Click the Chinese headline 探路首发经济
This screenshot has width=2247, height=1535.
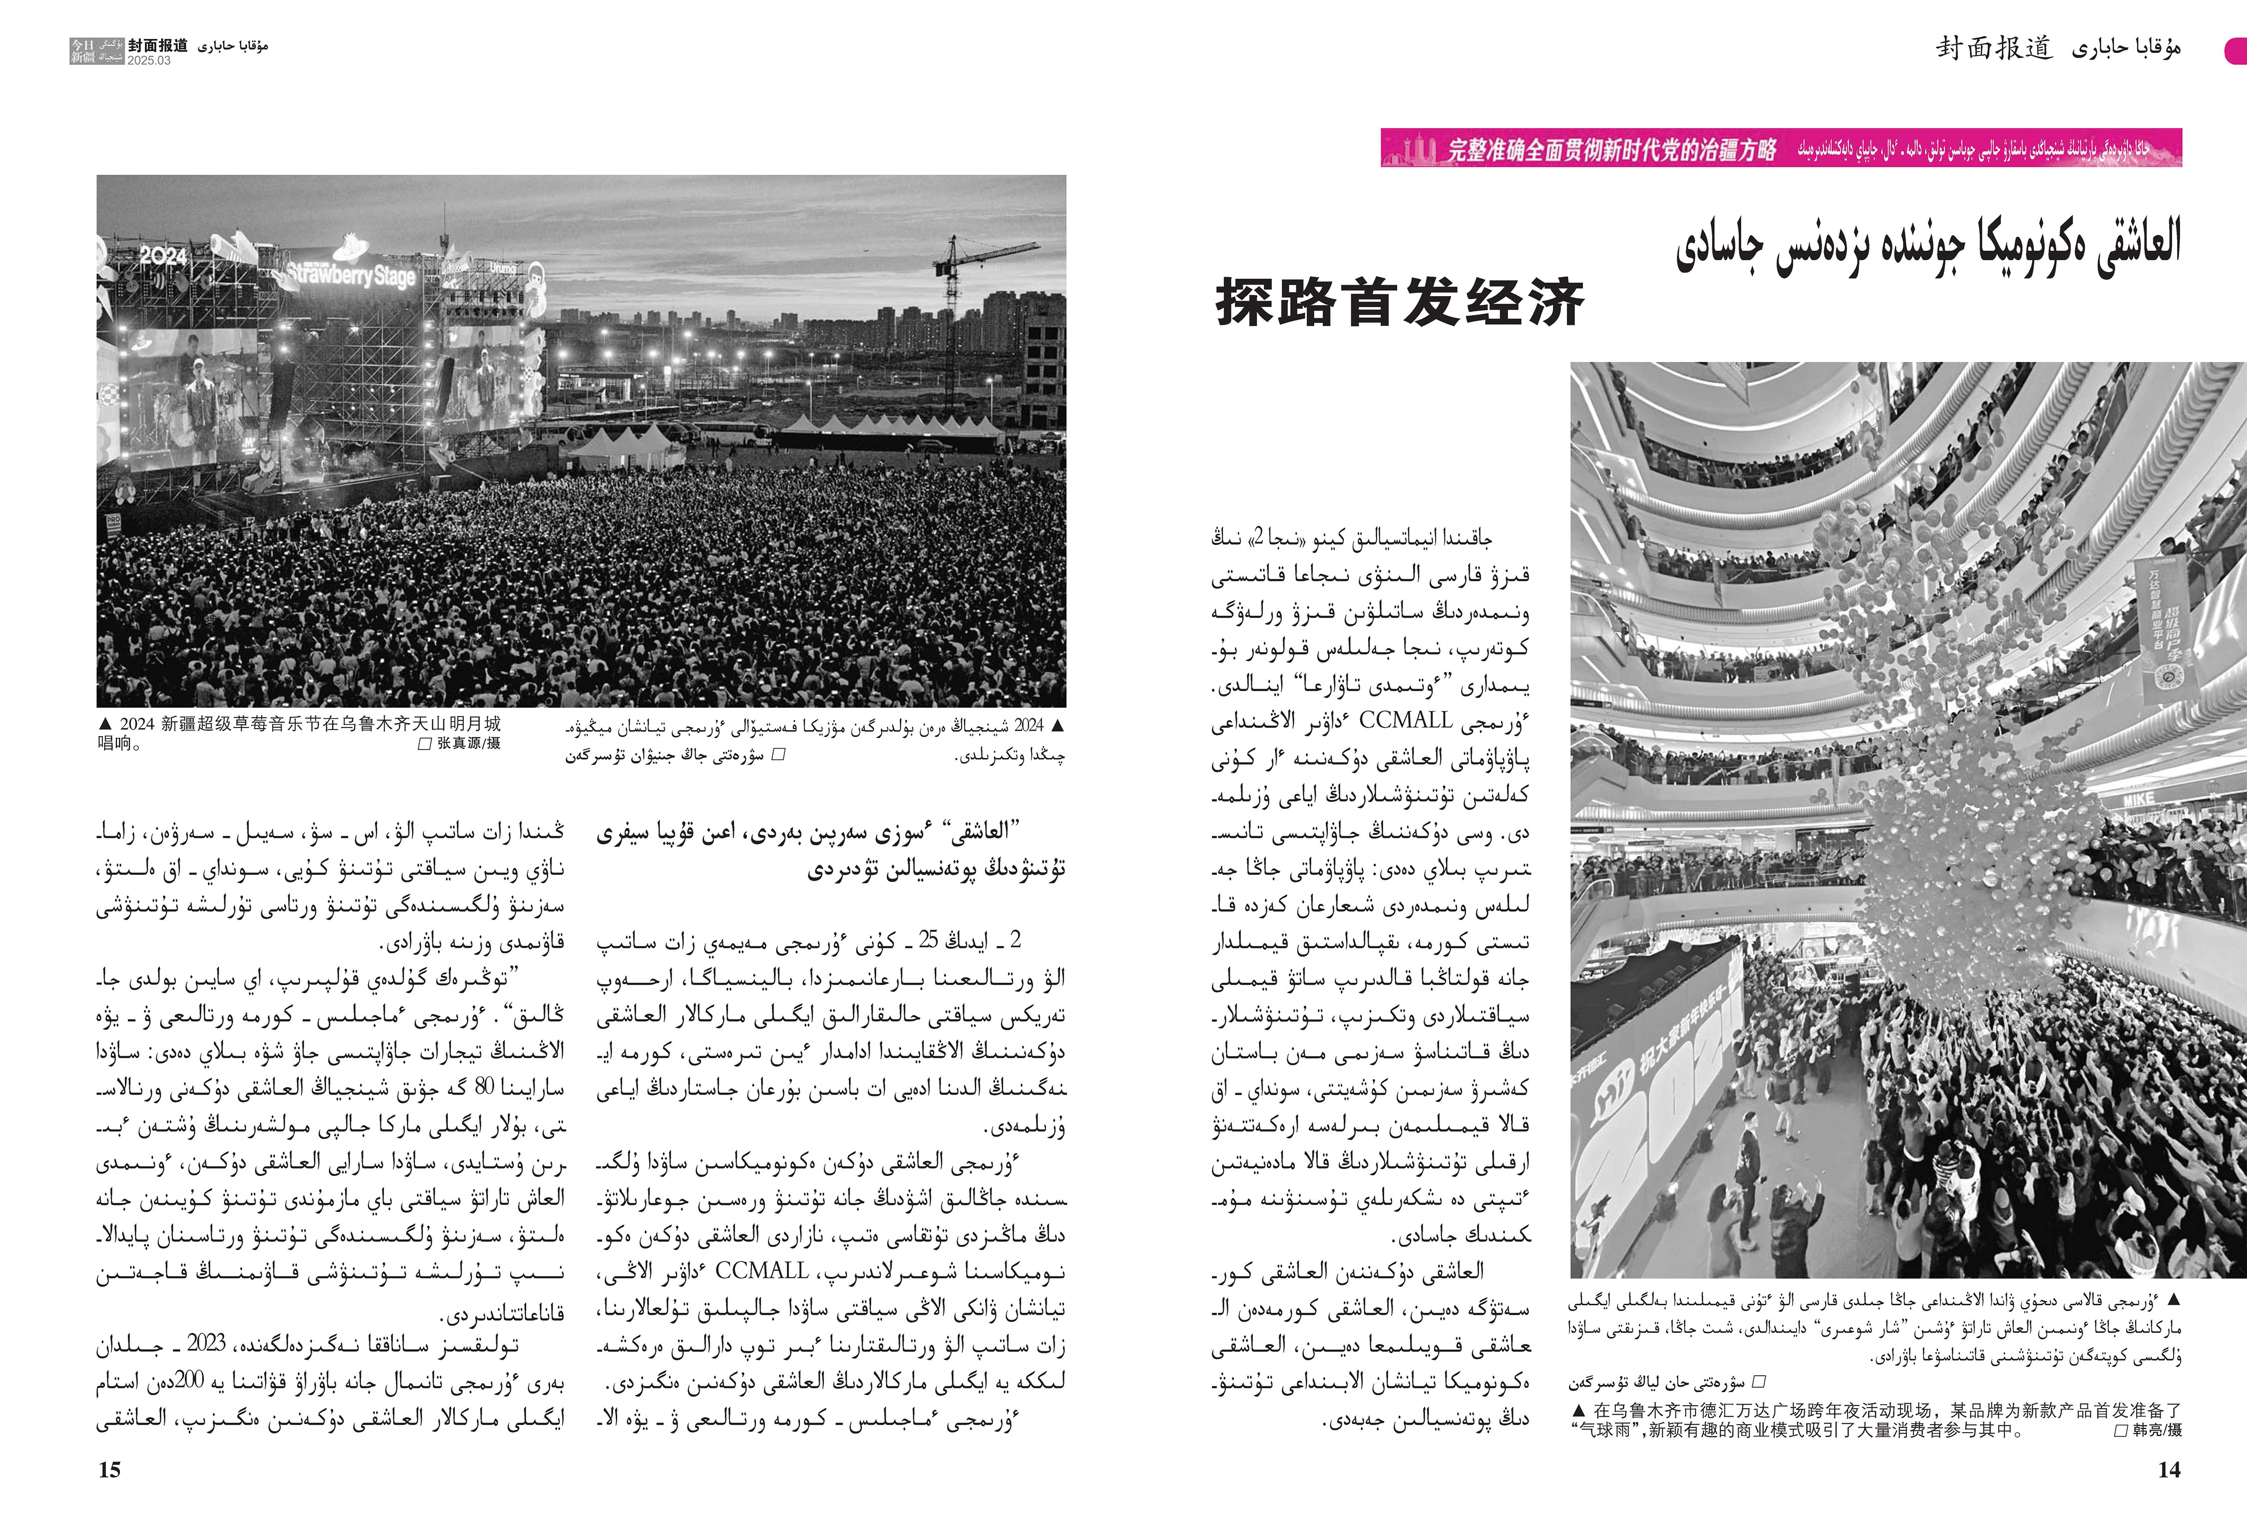1399,302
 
